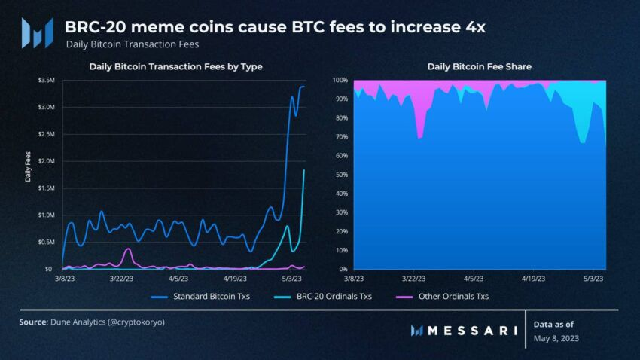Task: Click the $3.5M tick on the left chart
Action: pyautogui.click(x=44, y=80)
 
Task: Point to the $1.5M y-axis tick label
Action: pyautogui.click(x=44, y=188)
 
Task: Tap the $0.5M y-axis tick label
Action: pyautogui.click(x=44, y=242)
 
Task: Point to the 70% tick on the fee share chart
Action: pyautogui.click(x=340, y=137)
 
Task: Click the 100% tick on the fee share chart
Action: pyautogui.click(x=340, y=80)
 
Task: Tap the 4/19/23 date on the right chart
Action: pyautogui.click(x=534, y=278)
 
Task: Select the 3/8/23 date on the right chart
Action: pyautogui.click(x=353, y=278)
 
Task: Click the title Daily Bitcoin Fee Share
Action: pyautogui.click(x=480, y=66)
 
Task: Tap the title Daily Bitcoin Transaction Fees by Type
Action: pyautogui.click(x=175, y=66)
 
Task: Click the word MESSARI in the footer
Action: pyautogui.click(x=472, y=330)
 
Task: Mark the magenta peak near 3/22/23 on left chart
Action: pyautogui.click(x=129, y=249)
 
